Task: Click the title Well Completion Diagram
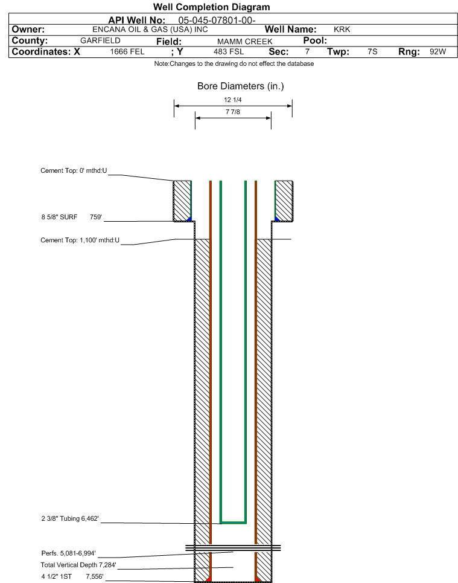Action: tap(211, 7)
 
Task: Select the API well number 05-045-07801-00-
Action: tap(217, 20)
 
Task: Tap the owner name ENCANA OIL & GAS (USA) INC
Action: tap(150, 30)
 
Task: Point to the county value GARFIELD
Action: tap(100, 40)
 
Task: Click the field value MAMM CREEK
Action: tap(245, 41)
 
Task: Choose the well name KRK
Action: tap(342, 30)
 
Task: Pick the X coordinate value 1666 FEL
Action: tap(127, 52)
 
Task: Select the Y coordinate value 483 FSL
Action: tap(229, 52)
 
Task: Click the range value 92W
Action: tap(437, 52)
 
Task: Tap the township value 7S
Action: tap(372, 52)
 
